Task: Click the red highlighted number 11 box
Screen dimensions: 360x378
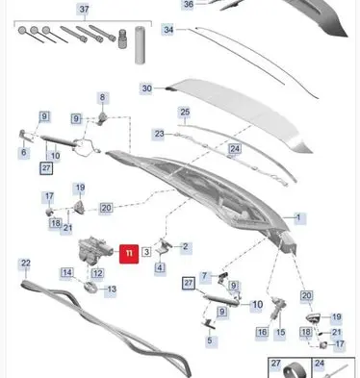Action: coord(129,254)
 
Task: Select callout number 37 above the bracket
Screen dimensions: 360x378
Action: coord(84,9)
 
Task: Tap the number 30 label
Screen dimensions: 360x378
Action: coord(146,88)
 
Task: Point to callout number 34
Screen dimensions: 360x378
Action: coord(168,30)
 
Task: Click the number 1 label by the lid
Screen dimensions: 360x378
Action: coord(298,217)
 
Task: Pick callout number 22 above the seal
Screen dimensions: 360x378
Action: coord(25,264)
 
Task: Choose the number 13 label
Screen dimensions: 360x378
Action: coord(112,290)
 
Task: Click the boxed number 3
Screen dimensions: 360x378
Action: coord(146,252)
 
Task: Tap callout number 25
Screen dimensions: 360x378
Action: coord(185,113)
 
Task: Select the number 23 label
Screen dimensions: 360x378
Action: coord(159,134)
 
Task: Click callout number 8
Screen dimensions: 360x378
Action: coord(102,97)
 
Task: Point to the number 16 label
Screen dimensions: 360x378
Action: coord(262,332)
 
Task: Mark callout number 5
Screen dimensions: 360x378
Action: coord(210,340)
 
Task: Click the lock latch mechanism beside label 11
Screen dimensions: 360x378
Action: coord(94,250)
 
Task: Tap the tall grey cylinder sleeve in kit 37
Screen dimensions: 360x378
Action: coord(140,45)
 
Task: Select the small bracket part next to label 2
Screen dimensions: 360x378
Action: coord(165,246)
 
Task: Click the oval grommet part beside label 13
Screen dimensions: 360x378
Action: coord(90,287)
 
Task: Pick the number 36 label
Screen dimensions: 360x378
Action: coord(189,5)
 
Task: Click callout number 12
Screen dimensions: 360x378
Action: coord(97,273)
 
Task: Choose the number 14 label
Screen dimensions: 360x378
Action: coord(67,273)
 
